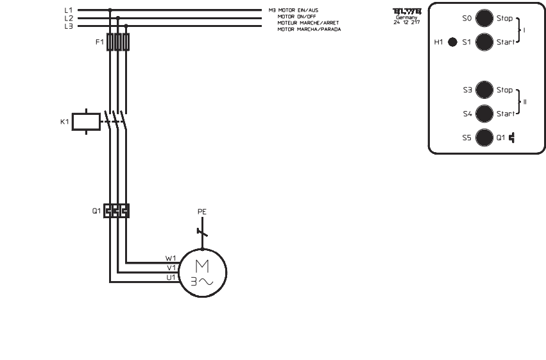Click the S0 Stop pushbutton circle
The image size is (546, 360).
pyautogui.click(x=484, y=19)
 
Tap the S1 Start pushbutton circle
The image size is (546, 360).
pyautogui.click(x=484, y=42)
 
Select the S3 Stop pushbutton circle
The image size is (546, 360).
pyautogui.click(x=484, y=90)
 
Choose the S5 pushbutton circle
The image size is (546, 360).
pyautogui.click(x=484, y=137)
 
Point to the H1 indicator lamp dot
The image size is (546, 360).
pyautogui.click(x=452, y=42)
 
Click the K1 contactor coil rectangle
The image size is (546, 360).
pyautogui.click(x=85, y=121)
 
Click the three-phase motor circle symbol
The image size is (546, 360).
pyautogui.click(x=202, y=273)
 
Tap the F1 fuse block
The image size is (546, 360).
pyautogui.click(x=118, y=42)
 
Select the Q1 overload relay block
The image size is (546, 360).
pyautogui.click(x=117, y=210)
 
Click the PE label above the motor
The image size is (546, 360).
pyautogui.click(x=202, y=211)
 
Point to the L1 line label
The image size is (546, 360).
pyautogui.click(x=69, y=11)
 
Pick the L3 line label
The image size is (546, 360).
pyautogui.click(x=69, y=26)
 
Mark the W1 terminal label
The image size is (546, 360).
pyautogui.click(x=171, y=259)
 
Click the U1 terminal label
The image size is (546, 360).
pyautogui.click(x=171, y=277)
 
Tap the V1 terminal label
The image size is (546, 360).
pyautogui.click(x=171, y=268)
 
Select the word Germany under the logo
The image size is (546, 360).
pyautogui.click(x=407, y=17)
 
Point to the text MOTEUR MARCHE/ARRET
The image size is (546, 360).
pyautogui.click(x=307, y=22)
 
